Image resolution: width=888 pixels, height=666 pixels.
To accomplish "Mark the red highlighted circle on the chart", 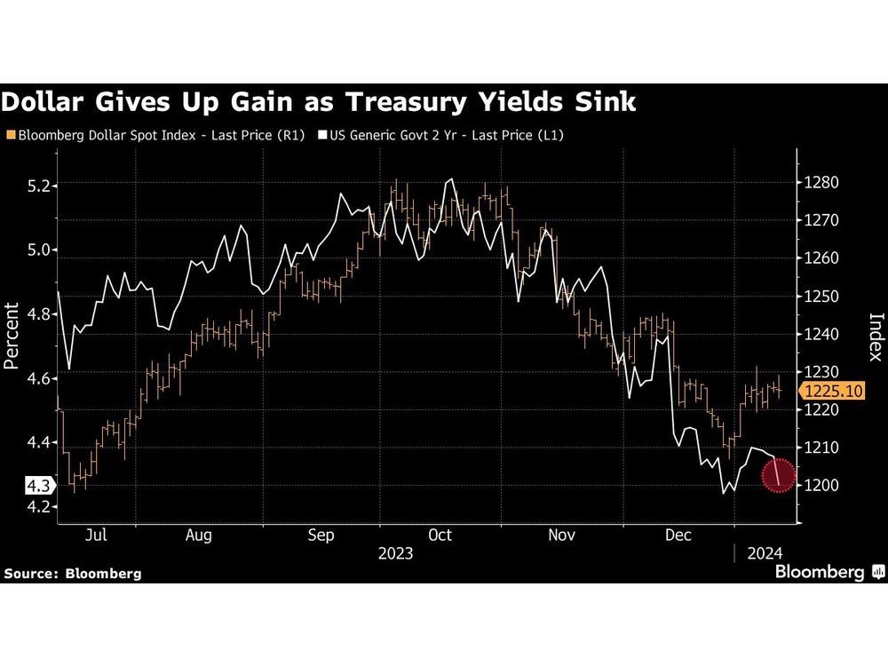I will point(778,477).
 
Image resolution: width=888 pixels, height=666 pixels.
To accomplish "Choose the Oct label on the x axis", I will point(440,535).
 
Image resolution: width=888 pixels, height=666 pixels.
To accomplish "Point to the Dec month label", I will point(678,535).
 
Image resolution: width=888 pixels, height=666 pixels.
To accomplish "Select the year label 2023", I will point(395,553).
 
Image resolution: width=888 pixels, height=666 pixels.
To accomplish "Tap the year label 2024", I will point(764,553).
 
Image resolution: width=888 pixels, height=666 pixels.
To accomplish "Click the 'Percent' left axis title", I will point(12,336).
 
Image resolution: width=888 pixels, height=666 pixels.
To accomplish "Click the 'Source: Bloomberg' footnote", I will point(73,574).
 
